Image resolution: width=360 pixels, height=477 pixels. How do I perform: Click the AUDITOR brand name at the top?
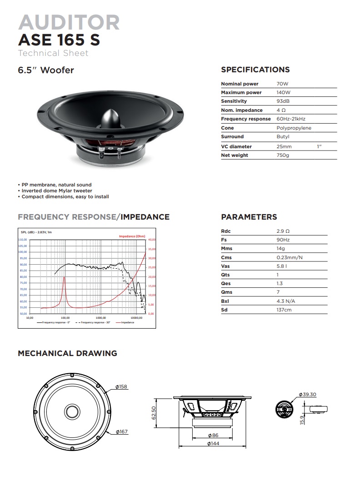69,22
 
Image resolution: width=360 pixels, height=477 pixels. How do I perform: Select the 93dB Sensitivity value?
283,101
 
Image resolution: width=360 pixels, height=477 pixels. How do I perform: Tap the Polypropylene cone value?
294,128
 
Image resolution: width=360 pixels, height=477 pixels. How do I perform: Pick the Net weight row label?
235,156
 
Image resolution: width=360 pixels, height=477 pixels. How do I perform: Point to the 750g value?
283,156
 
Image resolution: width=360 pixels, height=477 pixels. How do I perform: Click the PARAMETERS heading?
249,217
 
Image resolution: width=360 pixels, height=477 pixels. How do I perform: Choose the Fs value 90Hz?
283,240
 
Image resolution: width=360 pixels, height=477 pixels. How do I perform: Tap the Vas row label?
225,266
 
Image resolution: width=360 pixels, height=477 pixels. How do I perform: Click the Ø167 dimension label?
121,432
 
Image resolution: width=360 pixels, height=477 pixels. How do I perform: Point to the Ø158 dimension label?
121,387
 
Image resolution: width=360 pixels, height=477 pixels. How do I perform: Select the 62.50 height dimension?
154,413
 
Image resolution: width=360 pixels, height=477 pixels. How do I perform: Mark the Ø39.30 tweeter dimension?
308,395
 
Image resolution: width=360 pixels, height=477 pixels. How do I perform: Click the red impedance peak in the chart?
64,277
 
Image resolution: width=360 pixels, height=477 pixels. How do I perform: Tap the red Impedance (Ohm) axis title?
132,236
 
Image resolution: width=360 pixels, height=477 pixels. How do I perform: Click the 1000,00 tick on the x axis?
101,318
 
